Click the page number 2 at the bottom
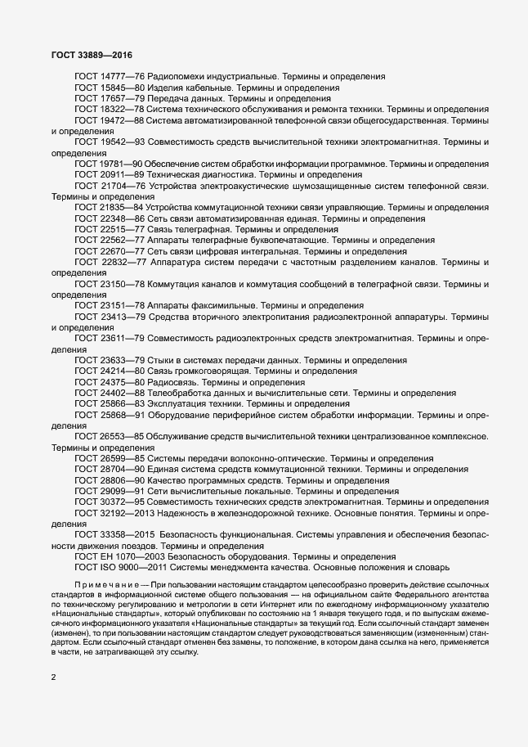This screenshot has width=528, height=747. coord(54,677)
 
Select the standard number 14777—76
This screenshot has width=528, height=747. coord(123,76)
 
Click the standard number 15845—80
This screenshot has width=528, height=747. coord(123,88)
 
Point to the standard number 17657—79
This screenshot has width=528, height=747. coord(123,98)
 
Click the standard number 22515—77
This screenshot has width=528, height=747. coord(123,230)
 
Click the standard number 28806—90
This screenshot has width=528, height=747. coord(123,480)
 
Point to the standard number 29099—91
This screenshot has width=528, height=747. coord(123,492)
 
